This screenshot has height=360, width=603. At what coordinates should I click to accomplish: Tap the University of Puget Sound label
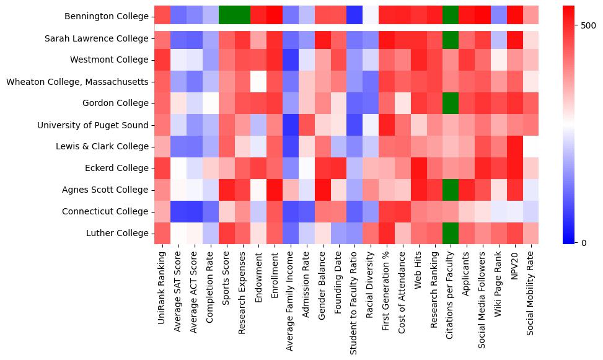point(93,125)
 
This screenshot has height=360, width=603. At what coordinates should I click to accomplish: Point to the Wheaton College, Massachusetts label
point(77,82)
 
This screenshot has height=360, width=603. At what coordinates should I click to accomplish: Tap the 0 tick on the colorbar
point(583,242)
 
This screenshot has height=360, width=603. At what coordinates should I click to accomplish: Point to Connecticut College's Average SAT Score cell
point(178,212)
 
